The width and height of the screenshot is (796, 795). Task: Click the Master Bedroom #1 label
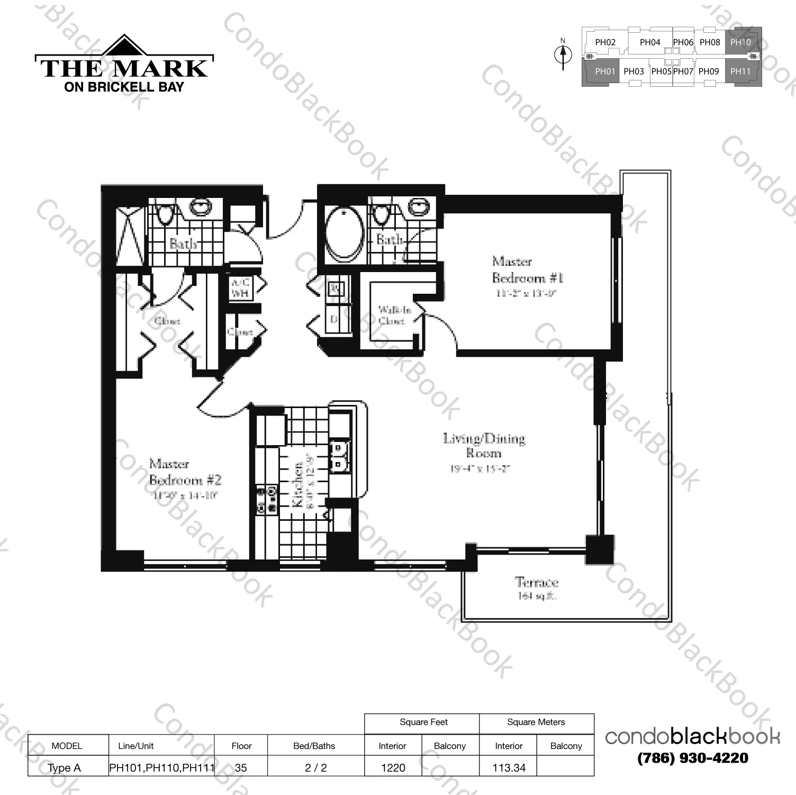coord(527,270)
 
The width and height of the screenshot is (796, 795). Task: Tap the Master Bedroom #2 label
coord(185,472)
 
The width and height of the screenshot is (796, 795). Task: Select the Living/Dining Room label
coord(484,446)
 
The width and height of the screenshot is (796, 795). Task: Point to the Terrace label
coord(537,583)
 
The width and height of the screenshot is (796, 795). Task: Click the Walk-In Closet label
coord(393,315)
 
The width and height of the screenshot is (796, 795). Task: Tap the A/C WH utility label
coord(240,287)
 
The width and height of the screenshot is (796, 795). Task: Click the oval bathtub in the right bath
coord(344,233)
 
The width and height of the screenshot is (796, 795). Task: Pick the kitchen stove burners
coord(267,500)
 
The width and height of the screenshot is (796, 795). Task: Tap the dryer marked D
coord(334,319)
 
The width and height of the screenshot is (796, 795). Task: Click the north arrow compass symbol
coord(563,54)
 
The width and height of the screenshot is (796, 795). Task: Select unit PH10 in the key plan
coord(740,42)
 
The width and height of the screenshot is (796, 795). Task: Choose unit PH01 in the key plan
coord(604,71)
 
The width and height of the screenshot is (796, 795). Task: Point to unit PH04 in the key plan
coord(650,42)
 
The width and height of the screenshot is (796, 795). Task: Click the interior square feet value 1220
coord(393,767)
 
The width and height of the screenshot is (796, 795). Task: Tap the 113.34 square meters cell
coord(509,767)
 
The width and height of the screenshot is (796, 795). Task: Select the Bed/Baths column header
coord(314,746)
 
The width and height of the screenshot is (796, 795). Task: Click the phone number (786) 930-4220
coord(693,758)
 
